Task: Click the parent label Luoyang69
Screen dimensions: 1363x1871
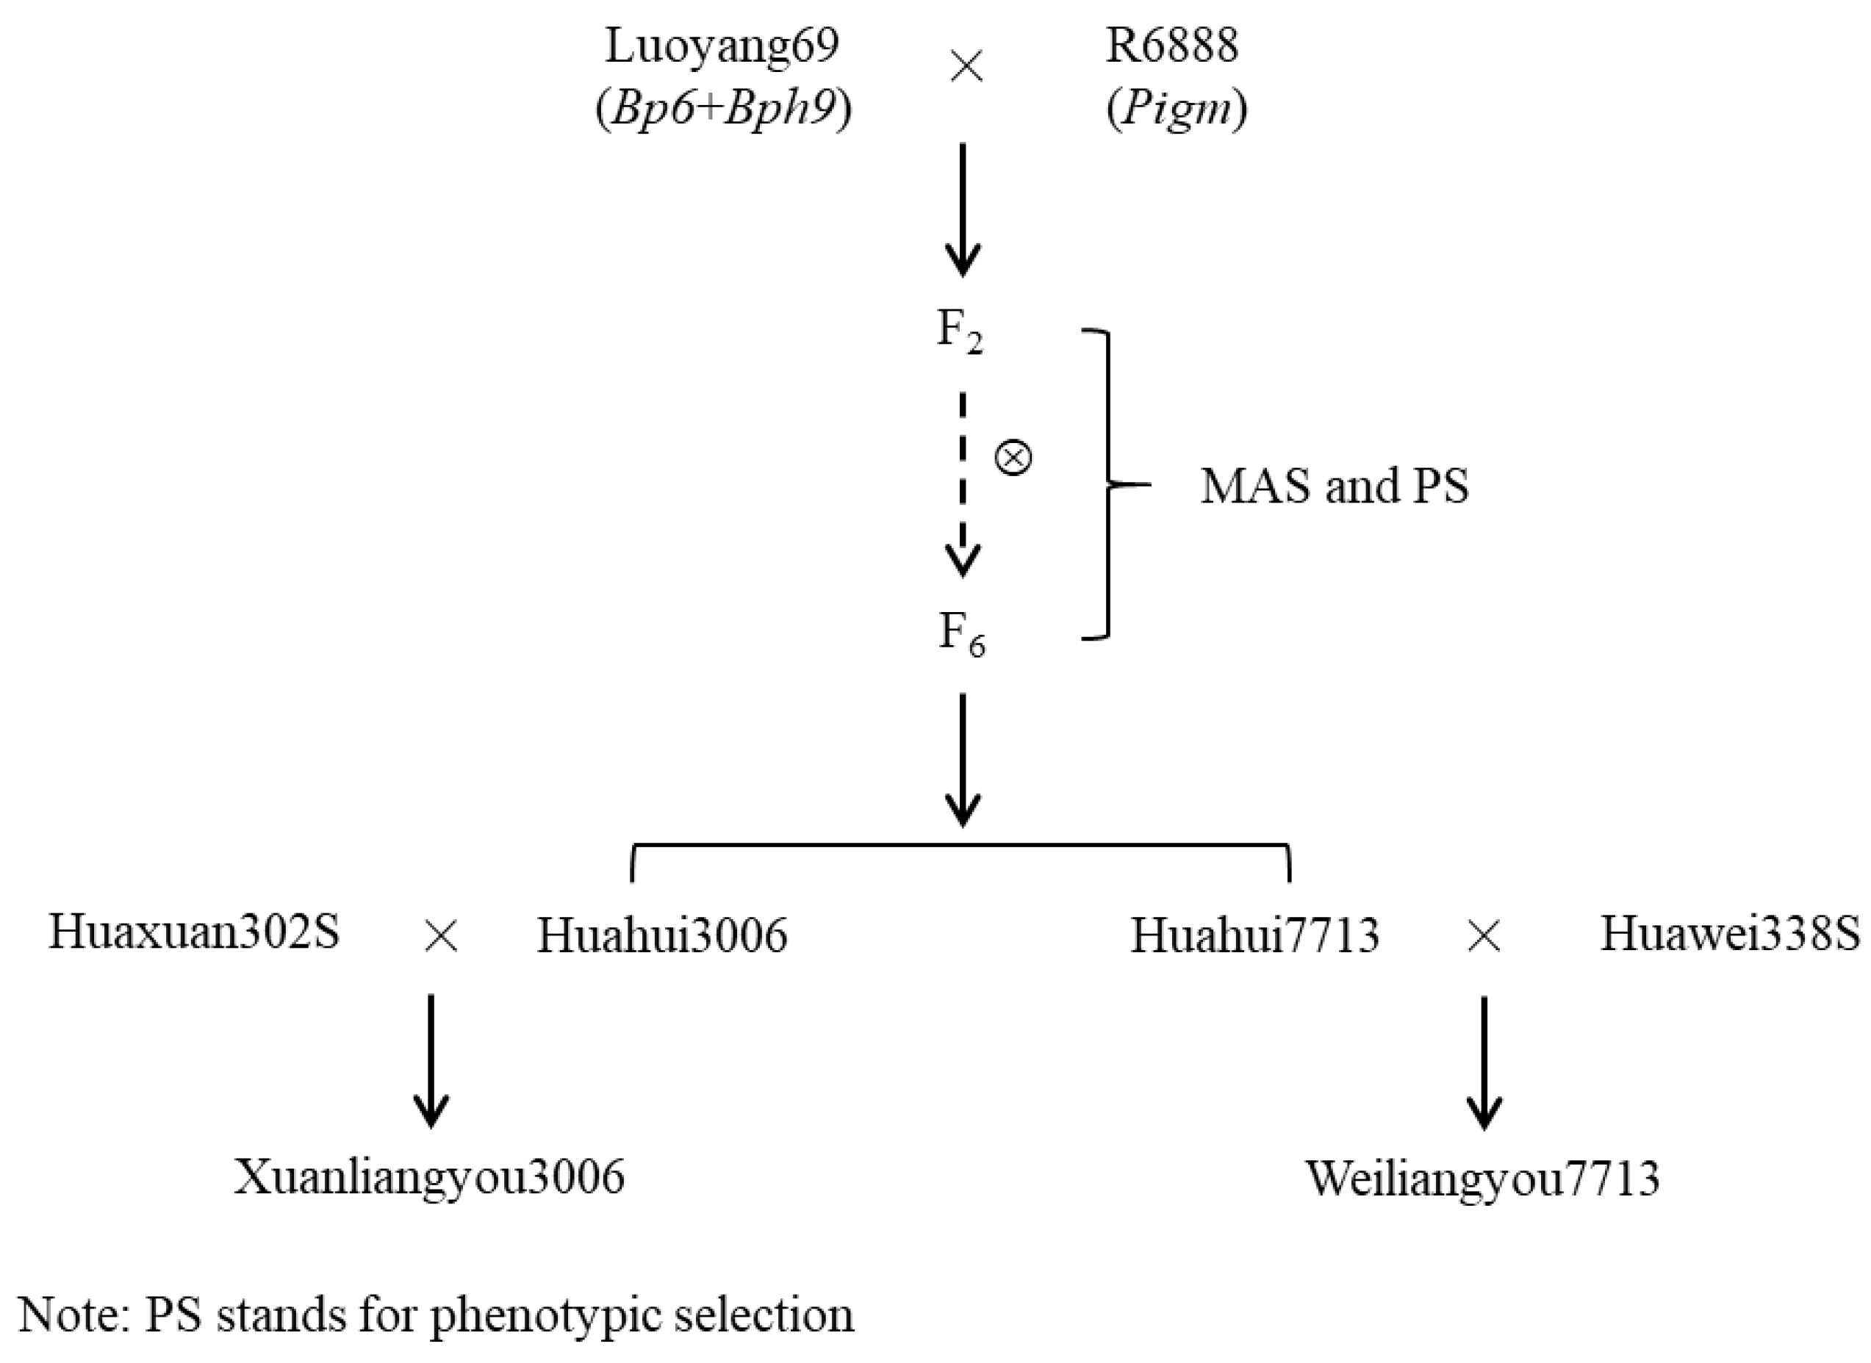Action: (x=722, y=46)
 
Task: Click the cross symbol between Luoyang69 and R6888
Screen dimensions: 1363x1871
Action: (x=966, y=67)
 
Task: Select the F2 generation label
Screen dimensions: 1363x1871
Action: (x=960, y=331)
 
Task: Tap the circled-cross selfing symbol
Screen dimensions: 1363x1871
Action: (x=1013, y=458)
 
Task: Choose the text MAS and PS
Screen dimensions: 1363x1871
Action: (x=1334, y=486)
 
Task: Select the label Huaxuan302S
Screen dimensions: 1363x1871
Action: (x=194, y=932)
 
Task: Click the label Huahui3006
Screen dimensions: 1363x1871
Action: (x=661, y=935)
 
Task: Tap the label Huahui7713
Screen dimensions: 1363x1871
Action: (x=1254, y=935)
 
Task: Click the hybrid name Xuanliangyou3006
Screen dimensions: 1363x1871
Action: (x=429, y=1177)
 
